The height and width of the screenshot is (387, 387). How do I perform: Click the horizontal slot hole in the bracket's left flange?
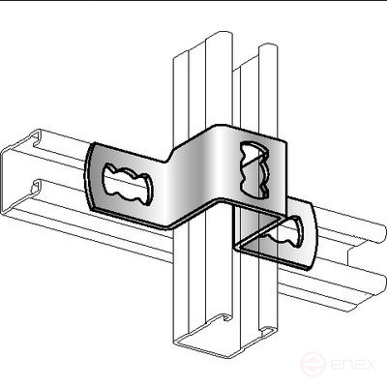click(128, 184)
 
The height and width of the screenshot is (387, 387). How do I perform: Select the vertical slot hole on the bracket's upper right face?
click(254, 169)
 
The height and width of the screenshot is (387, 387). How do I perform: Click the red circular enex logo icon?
click(313, 365)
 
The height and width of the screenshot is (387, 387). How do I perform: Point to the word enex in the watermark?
click(353, 365)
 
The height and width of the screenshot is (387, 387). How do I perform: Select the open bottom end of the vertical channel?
click(223, 336)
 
